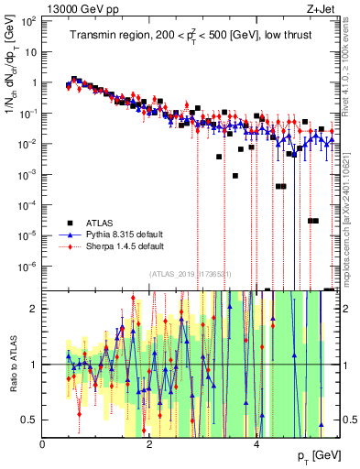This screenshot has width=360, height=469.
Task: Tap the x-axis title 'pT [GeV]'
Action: click(319, 455)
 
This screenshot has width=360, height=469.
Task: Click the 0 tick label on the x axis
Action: click(43, 442)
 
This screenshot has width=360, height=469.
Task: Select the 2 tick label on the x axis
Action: click(150, 442)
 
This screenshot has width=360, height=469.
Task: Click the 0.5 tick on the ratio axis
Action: click(28, 420)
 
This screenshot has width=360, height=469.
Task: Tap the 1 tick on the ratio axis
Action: click(34, 365)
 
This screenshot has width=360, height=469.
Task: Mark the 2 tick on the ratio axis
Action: click(34, 309)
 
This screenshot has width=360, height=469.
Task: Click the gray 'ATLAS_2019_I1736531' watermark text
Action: click(191, 274)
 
